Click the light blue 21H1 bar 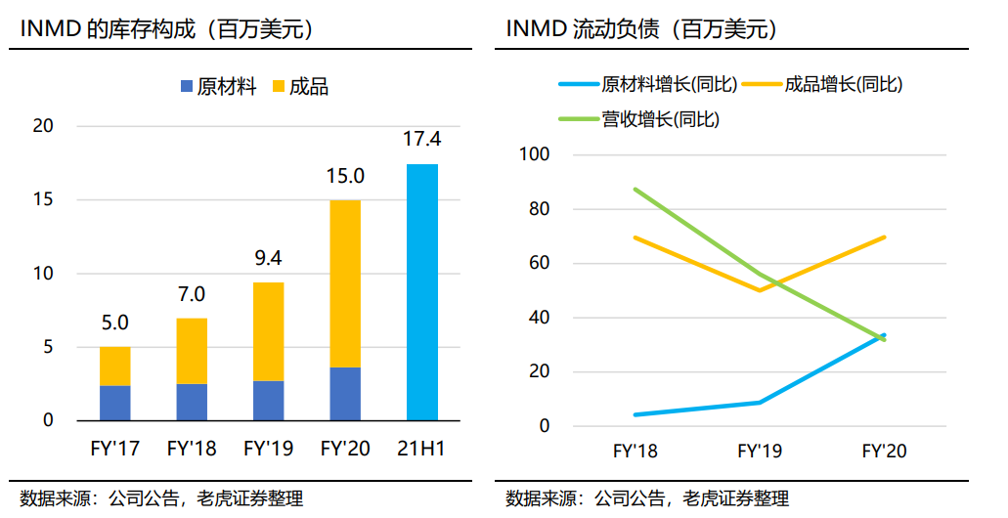(x=422, y=292)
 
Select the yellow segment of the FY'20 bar (x=345, y=284)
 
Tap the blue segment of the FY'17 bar (x=115, y=403)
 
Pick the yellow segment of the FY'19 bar (x=269, y=331)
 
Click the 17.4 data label (x=422, y=139)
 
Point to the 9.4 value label (x=268, y=258)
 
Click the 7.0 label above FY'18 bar (x=192, y=294)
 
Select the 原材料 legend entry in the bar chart (x=219, y=87)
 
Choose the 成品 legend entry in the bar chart (x=301, y=87)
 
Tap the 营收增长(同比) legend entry (x=639, y=119)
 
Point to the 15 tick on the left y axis (x=43, y=200)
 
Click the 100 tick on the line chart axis (x=535, y=154)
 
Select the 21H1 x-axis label (x=421, y=448)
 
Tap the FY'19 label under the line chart (x=760, y=452)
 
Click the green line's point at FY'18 (x=635, y=190)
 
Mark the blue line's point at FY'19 (x=760, y=403)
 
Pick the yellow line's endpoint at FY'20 (x=885, y=237)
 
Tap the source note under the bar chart (x=161, y=498)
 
